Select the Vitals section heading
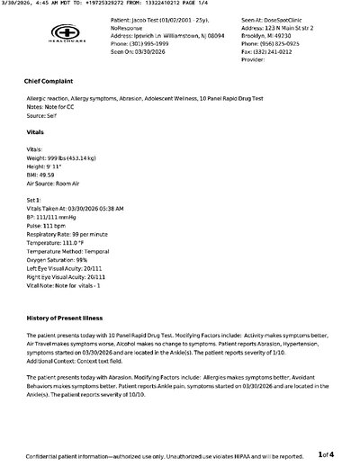click(x=36, y=131)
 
